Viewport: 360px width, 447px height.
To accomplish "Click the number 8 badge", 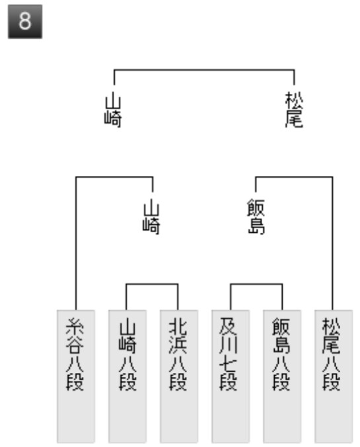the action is pos(25,22).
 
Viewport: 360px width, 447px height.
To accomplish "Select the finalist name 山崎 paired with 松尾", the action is pos(113,110).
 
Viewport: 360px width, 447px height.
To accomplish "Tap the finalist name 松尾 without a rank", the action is pos(294,110).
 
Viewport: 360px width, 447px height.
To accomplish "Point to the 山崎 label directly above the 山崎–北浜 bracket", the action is pos(151,217).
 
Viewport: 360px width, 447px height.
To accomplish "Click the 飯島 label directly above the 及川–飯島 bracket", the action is pos(256,217).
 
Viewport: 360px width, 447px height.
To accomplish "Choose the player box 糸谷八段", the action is pos(76,376).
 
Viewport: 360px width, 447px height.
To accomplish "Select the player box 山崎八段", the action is pos(127,376).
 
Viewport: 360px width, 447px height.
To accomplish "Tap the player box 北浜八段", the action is pos(179,376).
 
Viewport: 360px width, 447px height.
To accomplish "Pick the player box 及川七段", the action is pos(231,376).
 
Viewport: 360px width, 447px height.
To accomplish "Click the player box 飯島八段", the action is pos(282,376).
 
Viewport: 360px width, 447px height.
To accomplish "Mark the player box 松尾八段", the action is pos(334,376).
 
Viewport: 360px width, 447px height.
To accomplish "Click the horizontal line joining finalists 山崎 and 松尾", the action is pos(204,69).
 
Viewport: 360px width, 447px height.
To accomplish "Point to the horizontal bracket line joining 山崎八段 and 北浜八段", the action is pos(152,284).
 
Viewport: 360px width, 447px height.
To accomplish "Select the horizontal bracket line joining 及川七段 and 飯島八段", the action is pos(256,284).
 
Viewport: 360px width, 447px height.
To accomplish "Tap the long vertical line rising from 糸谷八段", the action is pos(76,243).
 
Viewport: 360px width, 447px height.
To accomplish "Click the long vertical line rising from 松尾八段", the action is pos(332,243).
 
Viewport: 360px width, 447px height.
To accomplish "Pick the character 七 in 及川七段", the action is pos(228,364).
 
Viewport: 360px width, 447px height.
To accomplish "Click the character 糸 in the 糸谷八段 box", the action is pos(75,327).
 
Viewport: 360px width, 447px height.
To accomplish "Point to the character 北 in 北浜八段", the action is pos(178,327).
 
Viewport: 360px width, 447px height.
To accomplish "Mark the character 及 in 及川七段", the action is pos(228,327).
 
